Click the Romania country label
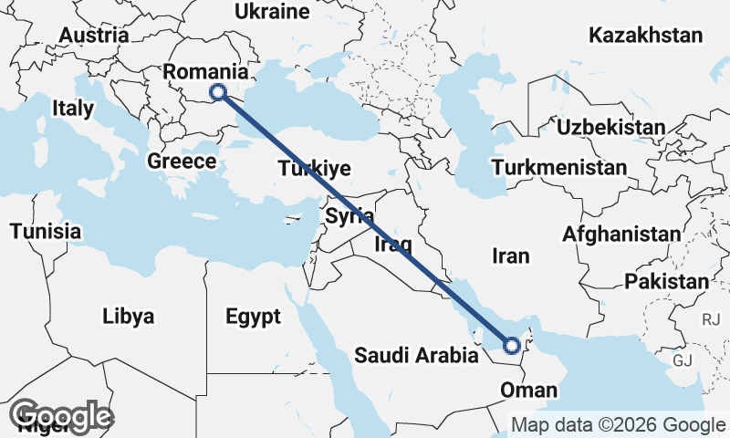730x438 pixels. tap(205, 72)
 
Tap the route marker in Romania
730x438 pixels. tap(218, 91)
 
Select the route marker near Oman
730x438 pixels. tap(512, 345)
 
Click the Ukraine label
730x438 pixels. tap(272, 12)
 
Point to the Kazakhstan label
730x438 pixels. tap(646, 36)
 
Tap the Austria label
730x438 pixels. tap(93, 36)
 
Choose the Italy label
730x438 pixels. tap(73, 108)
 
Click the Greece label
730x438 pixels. tap(182, 162)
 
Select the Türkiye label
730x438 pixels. tap(315, 169)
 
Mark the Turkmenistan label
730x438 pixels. tap(558, 168)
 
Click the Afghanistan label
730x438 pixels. tap(621, 234)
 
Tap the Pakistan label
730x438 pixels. tap(665, 281)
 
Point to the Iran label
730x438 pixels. tap(510, 256)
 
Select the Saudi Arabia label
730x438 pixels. tap(417, 355)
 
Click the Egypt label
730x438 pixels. tap(253, 318)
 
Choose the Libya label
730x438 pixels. tap(129, 317)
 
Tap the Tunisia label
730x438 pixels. tap(46, 231)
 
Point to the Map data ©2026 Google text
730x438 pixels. tap(617, 424)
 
